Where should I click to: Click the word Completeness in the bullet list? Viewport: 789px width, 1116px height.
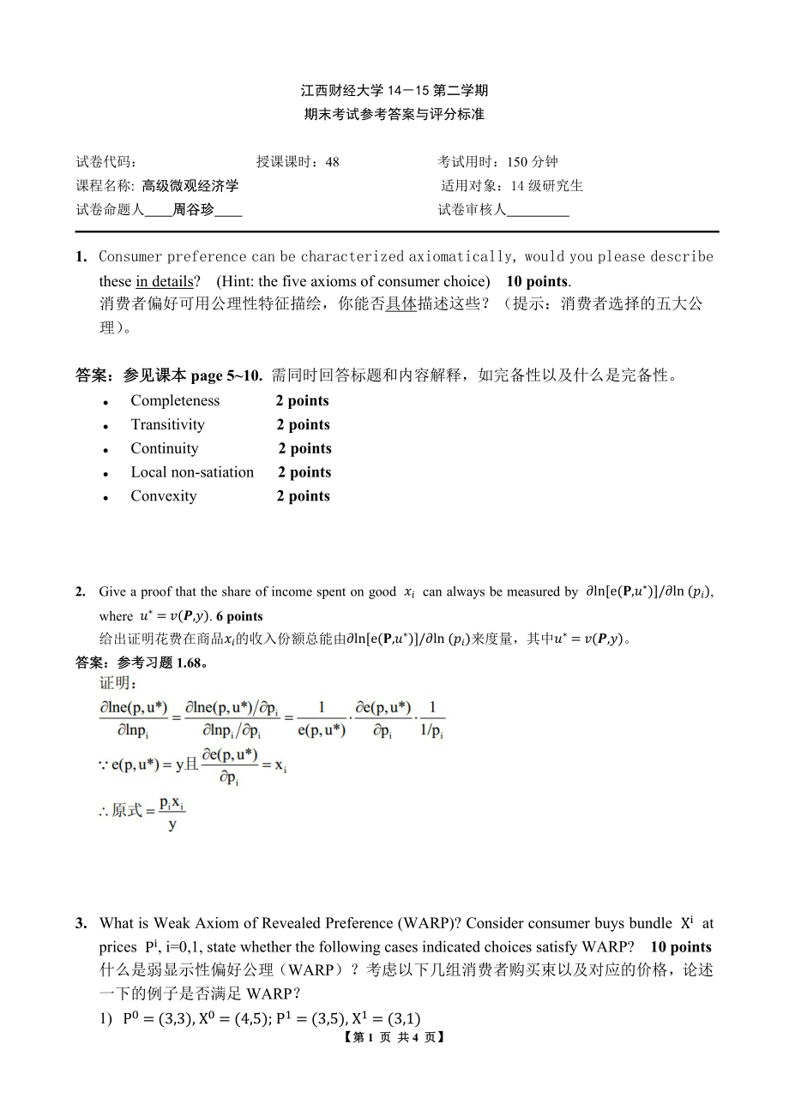[175, 400]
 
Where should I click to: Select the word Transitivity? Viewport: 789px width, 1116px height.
[167, 424]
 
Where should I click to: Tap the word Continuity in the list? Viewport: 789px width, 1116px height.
[164, 448]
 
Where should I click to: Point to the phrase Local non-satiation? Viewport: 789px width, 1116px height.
[192, 472]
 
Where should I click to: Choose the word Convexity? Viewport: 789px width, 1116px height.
[163, 496]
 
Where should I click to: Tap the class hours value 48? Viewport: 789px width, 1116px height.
[333, 162]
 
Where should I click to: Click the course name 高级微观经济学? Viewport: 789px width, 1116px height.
[190, 185]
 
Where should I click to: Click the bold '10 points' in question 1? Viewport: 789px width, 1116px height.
[537, 281]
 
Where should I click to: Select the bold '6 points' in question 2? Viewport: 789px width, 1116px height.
[239, 615]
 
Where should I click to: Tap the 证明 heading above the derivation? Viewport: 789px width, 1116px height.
[112, 683]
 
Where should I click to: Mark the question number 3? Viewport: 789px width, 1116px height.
[81, 923]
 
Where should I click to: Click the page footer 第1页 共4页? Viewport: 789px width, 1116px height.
[394, 1036]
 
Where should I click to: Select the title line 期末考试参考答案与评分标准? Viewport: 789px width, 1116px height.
[394, 114]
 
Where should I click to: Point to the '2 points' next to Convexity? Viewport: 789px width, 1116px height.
[304, 496]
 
